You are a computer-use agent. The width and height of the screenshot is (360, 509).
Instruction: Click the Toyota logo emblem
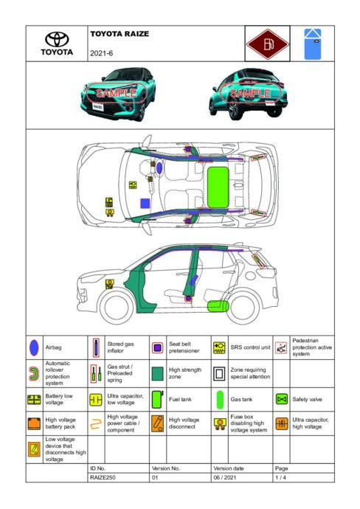(57, 39)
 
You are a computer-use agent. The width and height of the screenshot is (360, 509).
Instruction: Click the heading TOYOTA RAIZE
(120, 34)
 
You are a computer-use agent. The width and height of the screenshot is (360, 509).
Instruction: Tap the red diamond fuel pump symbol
(267, 44)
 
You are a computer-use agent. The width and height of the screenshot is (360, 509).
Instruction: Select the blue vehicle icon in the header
(313, 44)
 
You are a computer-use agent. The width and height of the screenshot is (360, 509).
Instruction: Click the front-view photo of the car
(118, 94)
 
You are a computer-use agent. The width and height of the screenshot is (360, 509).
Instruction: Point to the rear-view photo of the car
(249, 94)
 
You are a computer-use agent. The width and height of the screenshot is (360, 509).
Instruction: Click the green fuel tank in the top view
(218, 187)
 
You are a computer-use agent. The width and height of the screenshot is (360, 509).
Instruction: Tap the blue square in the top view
(145, 203)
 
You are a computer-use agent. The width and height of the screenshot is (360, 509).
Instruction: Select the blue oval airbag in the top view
(159, 167)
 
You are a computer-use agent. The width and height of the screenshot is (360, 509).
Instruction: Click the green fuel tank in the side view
(218, 306)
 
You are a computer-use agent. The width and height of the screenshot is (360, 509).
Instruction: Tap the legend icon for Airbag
(34, 347)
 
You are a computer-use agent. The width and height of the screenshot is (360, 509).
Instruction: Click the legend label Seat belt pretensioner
(184, 347)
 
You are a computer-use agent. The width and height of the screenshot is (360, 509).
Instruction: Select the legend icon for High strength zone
(158, 373)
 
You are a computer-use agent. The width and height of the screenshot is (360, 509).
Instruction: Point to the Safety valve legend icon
(282, 399)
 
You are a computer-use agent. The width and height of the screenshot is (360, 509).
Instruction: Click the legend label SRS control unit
(250, 347)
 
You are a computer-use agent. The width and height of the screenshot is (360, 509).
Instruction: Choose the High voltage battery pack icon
(34, 423)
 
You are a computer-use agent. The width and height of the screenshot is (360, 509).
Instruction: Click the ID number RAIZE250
(103, 477)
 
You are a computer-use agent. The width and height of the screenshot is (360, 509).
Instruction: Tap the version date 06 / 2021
(225, 477)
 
